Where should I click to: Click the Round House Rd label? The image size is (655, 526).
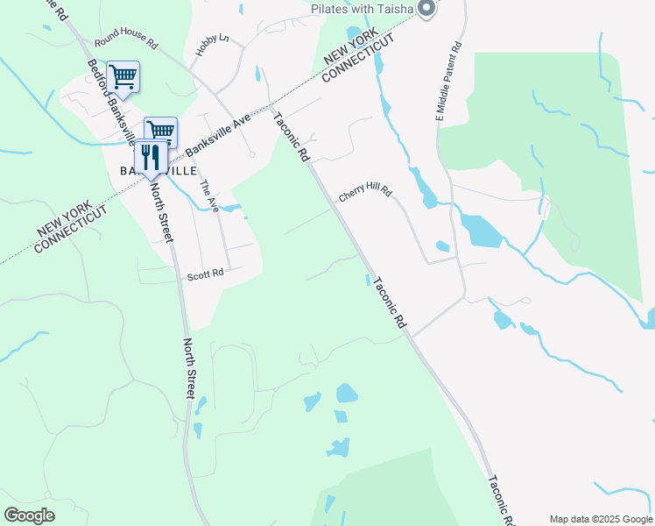click(x=126, y=42)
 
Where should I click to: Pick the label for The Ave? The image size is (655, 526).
click(x=208, y=195)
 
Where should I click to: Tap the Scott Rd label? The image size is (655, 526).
click(x=206, y=275)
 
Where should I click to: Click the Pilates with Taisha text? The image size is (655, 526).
click(x=363, y=9)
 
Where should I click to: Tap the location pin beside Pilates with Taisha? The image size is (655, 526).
click(x=426, y=9)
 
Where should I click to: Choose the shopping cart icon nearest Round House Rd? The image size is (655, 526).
click(x=123, y=75)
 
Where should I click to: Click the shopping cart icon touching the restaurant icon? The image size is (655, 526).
click(x=161, y=131)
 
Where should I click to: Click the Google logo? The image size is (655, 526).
click(x=29, y=515)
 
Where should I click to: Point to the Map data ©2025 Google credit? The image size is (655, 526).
click(x=601, y=519)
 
